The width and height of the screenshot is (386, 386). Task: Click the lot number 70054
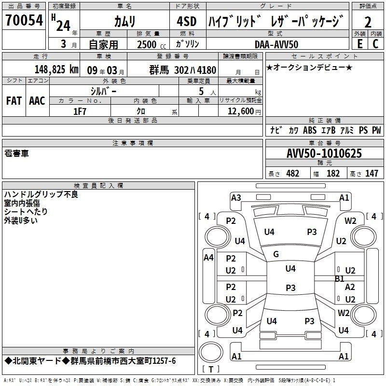pyautogui.click(x=24, y=21)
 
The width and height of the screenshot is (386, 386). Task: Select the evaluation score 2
pyautogui.click(x=368, y=22)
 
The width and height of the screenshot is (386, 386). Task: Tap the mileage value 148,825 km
pyautogui.click(x=56, y=69)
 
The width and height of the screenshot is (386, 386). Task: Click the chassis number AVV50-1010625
pyautogui.click(x=324, y=154)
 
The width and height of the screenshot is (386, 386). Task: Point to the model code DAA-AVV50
pyautogui.click(x=276, y=44)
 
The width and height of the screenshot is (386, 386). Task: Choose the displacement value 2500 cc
pyautogui.click(x=151, y=44)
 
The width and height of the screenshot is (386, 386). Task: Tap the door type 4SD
pyautogui.click(x=187, y=22)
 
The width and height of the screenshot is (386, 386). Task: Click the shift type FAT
pyautogui.click(x=14, y=101)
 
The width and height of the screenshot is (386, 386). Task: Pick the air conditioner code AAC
pyautogui.click(x=37, y=101)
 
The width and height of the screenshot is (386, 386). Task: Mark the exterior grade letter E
pyautogui.click(x=359, y=44)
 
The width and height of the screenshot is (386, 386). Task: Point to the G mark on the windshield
pyautogui.click(x=276, y=254)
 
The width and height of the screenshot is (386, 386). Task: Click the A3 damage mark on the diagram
pyautogui.click(x=236, y=197)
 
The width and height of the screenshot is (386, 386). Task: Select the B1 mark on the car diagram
pyautogui.click(x=340, y=278)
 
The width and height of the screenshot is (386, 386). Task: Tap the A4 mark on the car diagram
pyautogui.click(x=208, y=258)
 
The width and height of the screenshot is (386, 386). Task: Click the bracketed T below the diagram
pyautogui.click(x=211, y=369)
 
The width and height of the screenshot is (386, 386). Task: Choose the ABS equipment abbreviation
pyautogui.click(x=310, y=130)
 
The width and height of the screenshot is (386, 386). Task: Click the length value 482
pyautogui.click(x=292, y=174)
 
